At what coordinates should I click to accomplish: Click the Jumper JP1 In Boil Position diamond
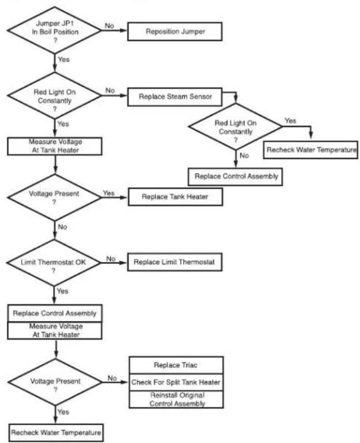(54, 31)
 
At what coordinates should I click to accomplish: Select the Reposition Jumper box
(175, 31)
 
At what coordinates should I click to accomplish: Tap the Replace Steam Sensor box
(175, 97)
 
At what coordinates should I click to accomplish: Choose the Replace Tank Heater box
(175, 197)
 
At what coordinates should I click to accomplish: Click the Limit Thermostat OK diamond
(54, 263)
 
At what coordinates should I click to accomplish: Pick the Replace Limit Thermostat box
(175, 262)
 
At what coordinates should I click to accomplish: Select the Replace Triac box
(176, 365)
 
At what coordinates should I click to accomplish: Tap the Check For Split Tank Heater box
(176, 383)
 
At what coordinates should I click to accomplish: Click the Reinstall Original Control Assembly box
(176, 399)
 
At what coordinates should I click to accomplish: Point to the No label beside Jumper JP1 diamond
(109, 26)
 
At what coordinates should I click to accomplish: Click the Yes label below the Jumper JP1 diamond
(64, 59)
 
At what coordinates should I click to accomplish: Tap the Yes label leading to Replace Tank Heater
(109, 193)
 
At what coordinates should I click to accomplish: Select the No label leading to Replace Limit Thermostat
(111, 258)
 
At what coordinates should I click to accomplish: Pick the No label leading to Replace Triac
(113, 378)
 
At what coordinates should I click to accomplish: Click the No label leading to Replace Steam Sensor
(110, 91)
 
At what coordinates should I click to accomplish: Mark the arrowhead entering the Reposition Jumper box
(124, 31)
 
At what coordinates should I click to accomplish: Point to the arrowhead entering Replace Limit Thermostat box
(124, 263)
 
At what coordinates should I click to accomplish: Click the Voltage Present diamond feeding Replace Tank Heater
(54, 197)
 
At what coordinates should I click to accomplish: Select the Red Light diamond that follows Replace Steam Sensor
(236, 126)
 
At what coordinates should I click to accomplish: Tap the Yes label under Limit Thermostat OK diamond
(63, 291)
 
